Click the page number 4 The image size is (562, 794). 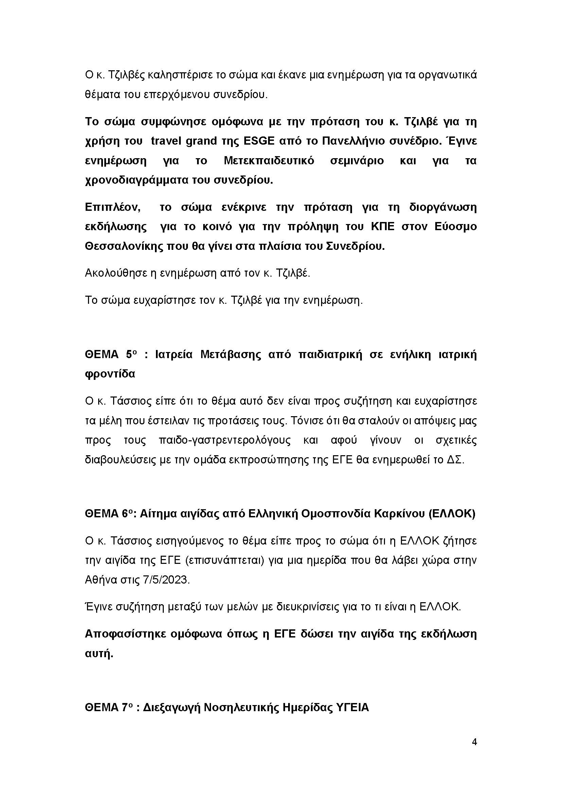click(x=474, y=742)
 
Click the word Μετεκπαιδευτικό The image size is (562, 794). click(x=269, y=161)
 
